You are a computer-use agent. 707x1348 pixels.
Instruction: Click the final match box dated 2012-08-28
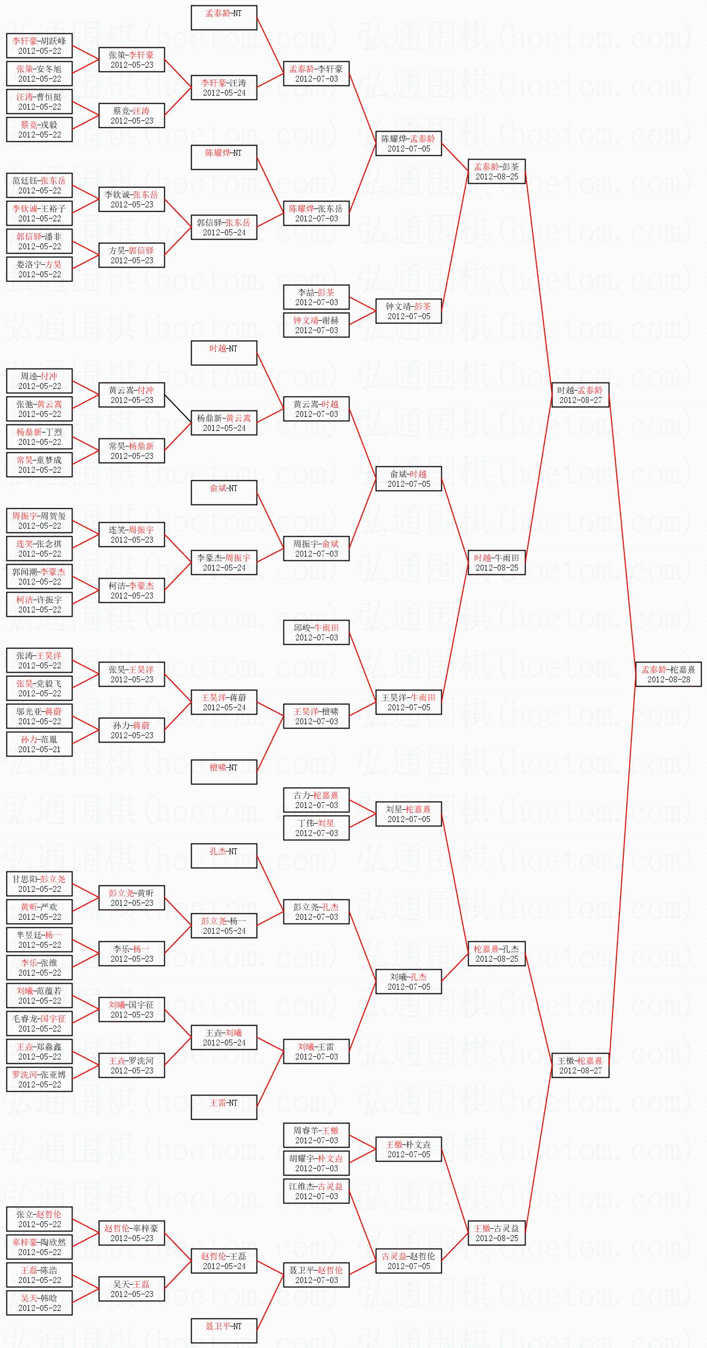[x=668, y=674]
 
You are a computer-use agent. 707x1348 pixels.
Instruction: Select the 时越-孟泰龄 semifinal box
[x=580, y=395]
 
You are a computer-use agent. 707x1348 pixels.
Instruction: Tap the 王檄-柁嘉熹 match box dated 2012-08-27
[x=580, y=1065]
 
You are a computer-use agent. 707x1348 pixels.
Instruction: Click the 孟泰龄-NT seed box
[x=224, y=18]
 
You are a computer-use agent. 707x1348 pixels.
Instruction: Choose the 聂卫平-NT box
[x=224, y=1331]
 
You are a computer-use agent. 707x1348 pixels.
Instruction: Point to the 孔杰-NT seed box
[x=224, y=856]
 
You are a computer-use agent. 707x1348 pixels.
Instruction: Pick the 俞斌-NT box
[x=224, y=493]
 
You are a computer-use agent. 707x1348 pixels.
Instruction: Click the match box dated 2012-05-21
[x=39, y=744]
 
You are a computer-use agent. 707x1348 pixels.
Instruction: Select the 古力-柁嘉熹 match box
[x=316, y=800]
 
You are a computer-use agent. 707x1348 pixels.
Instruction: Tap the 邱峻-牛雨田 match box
[x=316, y=632]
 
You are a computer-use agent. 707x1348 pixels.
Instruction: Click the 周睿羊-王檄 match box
[x=316, y=1135]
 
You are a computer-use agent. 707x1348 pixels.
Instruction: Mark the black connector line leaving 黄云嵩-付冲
[x=178, y=408]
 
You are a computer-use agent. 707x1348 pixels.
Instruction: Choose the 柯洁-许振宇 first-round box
[x=39, y=604]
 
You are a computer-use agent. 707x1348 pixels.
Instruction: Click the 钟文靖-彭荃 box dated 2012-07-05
[x=409, y=311]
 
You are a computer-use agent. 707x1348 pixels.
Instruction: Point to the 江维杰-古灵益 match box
[x=316, y=1191]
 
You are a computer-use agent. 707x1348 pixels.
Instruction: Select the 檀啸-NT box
[x=224, y=772]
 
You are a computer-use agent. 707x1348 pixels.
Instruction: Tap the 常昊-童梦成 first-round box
[x=39, y=465]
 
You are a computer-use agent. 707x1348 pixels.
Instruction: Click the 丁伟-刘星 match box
[x=316, y=828]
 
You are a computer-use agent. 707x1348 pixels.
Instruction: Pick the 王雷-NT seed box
[x=224, y=1107]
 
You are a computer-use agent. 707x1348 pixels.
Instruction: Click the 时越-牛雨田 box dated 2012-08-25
[x=497, y=563]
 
